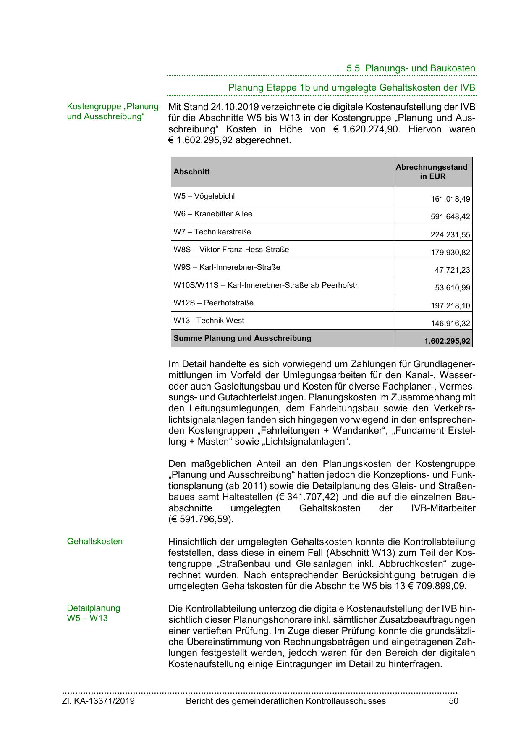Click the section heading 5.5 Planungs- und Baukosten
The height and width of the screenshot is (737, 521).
click(411, 68)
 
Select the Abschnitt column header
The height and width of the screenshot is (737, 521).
click(192, 172)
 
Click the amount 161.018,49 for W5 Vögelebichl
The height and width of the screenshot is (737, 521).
click(450, 199)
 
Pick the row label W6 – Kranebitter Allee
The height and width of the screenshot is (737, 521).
click(213, 214)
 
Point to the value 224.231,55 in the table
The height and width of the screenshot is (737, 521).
click(450, 235)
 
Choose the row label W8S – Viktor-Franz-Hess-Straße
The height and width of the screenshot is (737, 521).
click(231, 250)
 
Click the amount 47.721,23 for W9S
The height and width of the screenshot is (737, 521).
click(452, 270)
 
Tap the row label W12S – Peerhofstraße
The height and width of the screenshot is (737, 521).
click(214, 303)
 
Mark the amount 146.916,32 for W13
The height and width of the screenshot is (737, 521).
click(450, 324)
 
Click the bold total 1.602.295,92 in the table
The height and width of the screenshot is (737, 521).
click(447, 341)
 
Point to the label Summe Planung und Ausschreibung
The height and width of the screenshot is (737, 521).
click(243, 338)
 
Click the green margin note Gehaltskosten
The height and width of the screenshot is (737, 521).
click(95, 541)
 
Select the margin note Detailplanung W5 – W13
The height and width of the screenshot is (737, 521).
click(93, 613)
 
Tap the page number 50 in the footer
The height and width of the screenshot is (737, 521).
click(453, 701)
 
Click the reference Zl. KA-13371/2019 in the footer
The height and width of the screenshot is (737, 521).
click(98, 701)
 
